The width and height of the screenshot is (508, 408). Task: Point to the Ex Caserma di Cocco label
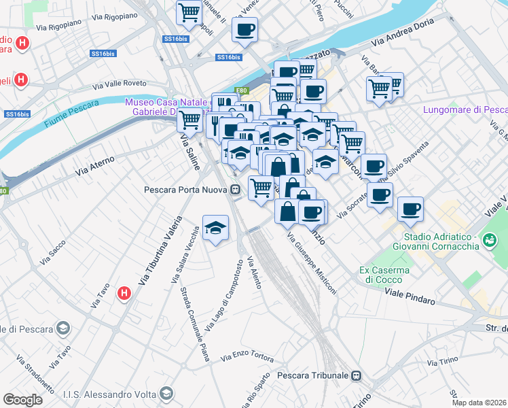[x=384, y=275]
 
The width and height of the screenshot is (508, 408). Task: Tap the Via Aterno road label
[x=95, y=165]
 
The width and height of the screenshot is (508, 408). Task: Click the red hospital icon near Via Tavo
[x=124, y=294]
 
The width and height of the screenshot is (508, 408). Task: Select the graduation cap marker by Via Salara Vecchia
[x=216, y=228]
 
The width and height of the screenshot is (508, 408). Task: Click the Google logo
[x=22, y=399]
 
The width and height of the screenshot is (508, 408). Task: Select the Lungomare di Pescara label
[x=465, y=109]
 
